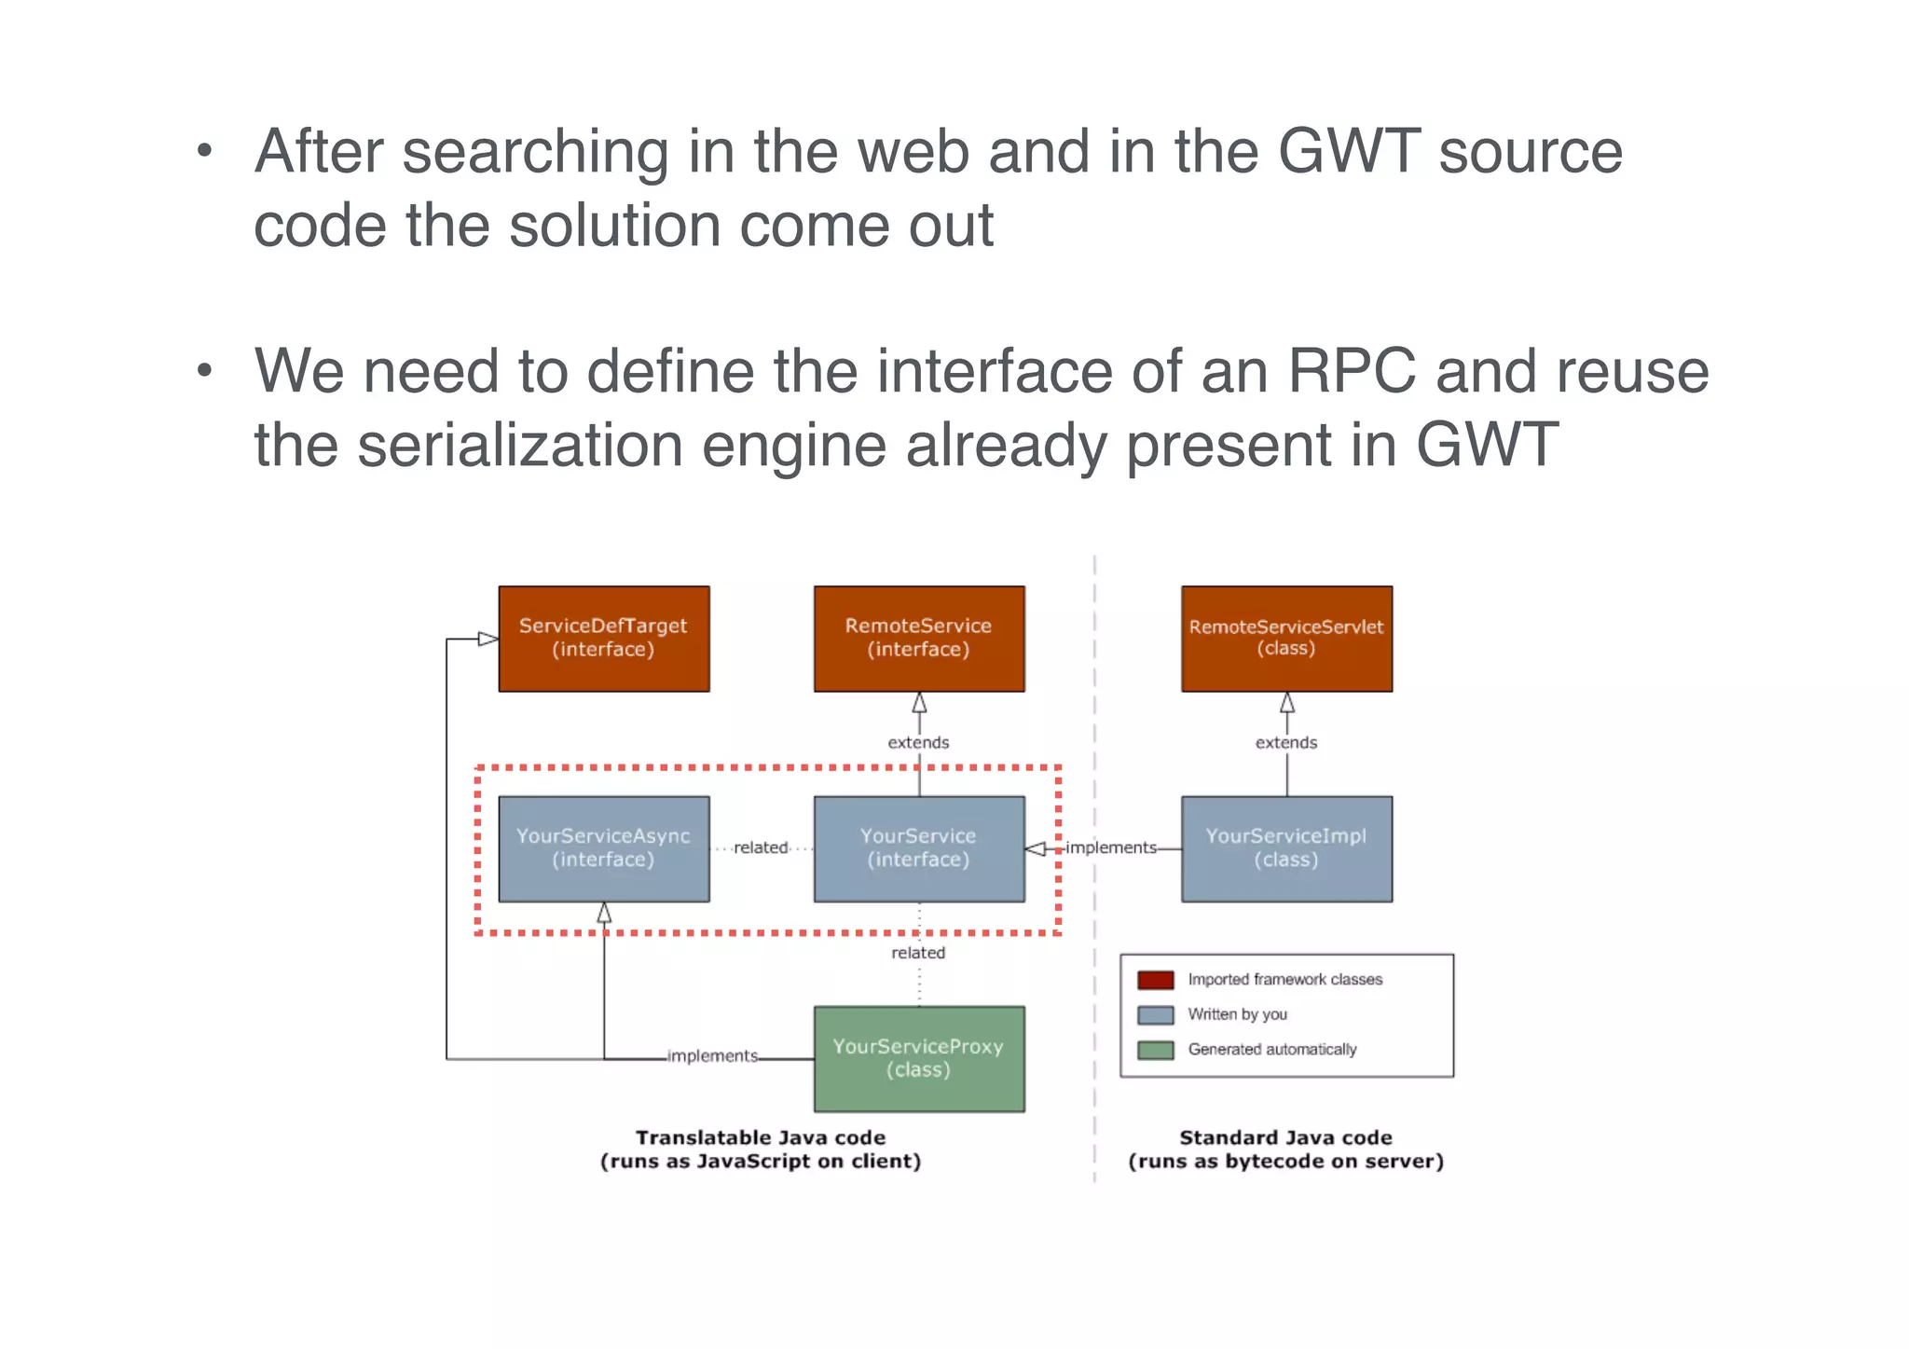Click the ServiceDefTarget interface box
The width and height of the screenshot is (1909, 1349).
pyautogui.click(x=603, y=639)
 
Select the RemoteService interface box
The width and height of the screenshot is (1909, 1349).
pyautogui.click(x=918, y=639)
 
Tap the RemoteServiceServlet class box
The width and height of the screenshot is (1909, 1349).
pyautogui.click(x=1286, y=639)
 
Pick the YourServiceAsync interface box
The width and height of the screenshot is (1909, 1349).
pyautogui.click(x=603, y=848)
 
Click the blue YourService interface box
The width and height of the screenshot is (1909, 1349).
pyautogui.click(x=918, y=848)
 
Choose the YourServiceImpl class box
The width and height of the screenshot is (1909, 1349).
pyautogui.click(x=1286, y=848)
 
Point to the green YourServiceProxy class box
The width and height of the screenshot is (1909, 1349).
pyautogui.click(x=918, y=1058)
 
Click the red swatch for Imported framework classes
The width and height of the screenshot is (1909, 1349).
pyautogui.click(x=1155, y=980)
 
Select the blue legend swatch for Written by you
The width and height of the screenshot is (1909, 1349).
pyautogui.click(x=1155, y=1014)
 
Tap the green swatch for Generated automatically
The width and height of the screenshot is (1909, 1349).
pyautogui.click(x=1155, y=1050)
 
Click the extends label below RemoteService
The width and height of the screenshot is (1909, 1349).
pyautogui.click(x=918, y=743)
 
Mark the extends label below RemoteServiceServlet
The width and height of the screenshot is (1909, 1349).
pyautogui.click(x=1286, y=743)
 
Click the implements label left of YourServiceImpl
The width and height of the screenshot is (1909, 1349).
pyautogui.click(x=1110, y=847)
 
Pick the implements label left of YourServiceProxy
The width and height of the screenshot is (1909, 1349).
pyautogui.click(x=712, y=1055)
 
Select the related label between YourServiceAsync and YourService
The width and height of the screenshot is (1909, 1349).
pyautogui.click(x=761, y=847)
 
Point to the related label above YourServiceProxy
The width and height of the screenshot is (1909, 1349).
pyautogui.click(x=918, y=953)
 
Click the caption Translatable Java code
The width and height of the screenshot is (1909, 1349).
pyautogui.click(x=761, y=1137)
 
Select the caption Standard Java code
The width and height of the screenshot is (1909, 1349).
pyautogui.click(x=1285, y=1137)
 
